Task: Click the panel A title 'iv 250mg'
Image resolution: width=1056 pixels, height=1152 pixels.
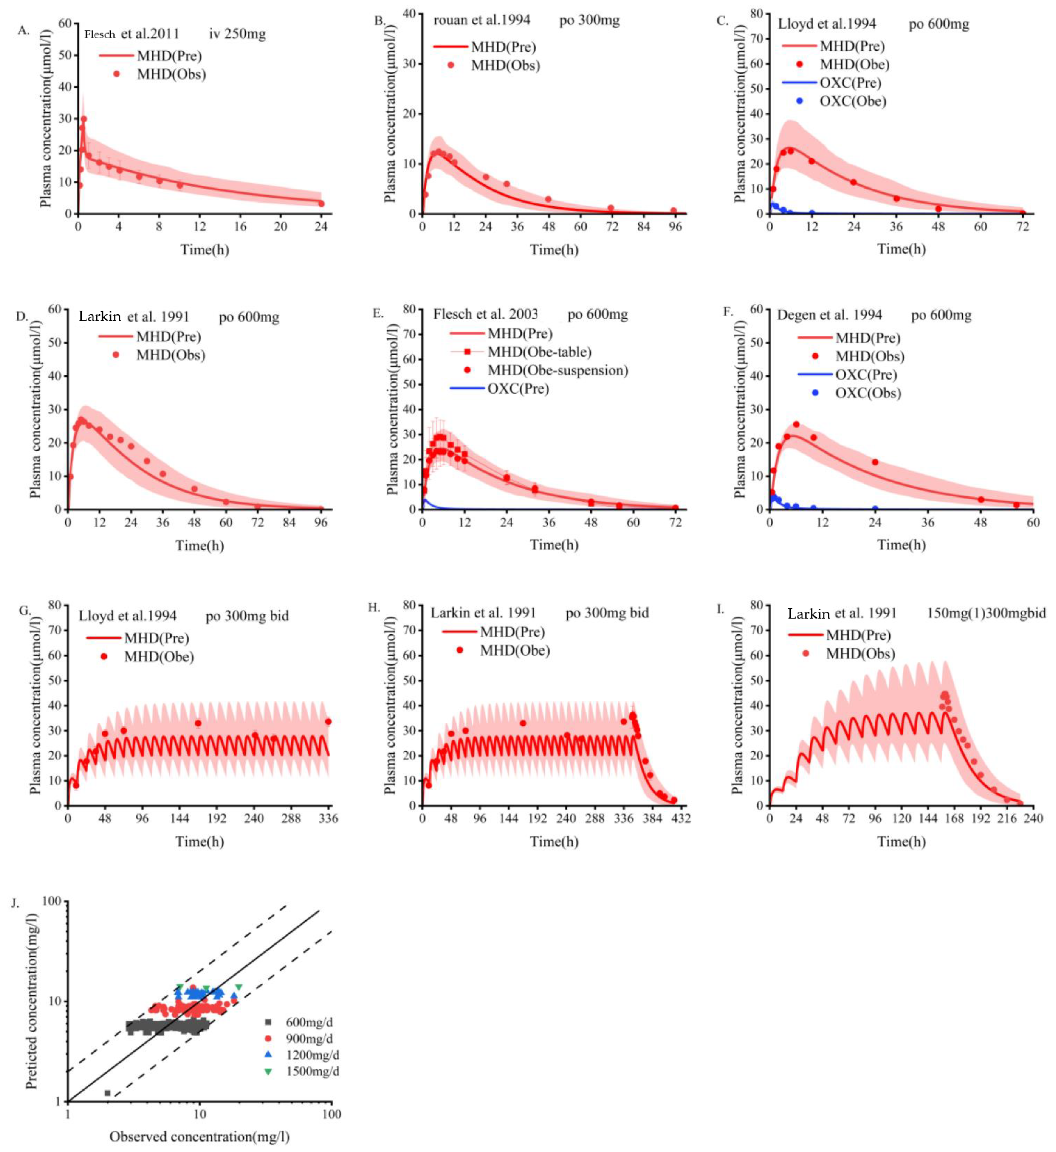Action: [237, 34]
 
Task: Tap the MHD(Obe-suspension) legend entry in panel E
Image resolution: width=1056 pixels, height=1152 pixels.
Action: [557, 370]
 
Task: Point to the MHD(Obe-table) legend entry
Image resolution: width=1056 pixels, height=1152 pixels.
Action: [539, 352]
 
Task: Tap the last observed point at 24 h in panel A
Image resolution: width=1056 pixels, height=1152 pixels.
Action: [321, 203]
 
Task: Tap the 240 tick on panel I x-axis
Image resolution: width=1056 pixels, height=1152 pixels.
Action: [1033, 818]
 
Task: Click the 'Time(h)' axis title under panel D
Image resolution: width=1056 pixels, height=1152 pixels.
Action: [200, 546]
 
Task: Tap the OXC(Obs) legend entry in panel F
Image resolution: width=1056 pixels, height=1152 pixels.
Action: [867, 393]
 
